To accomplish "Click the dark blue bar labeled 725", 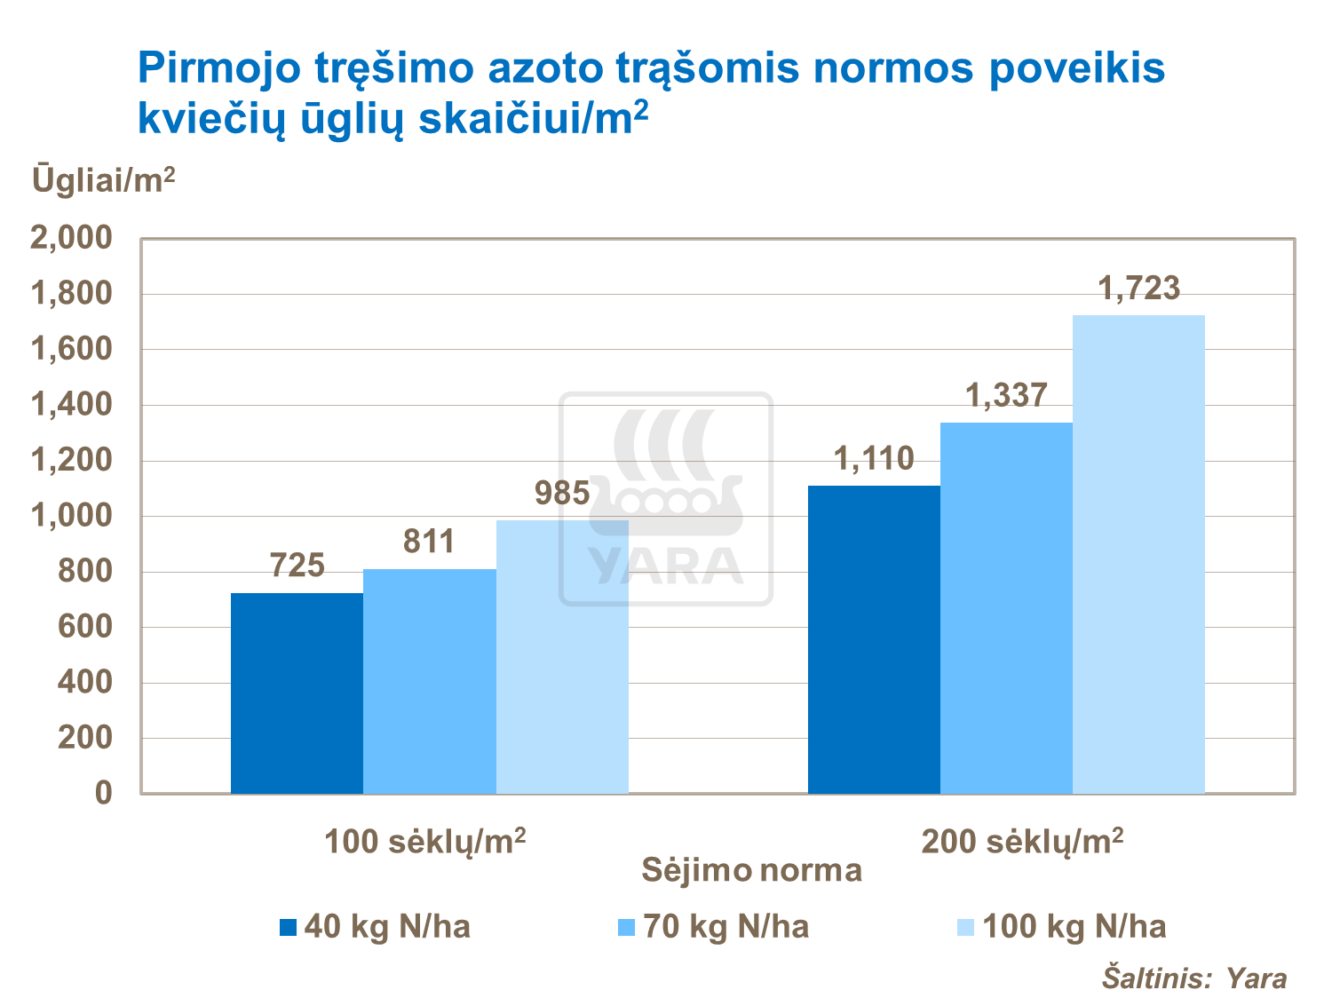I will tap(297, 693).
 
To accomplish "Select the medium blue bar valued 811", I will tap(430, 681).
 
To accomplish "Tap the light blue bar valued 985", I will tap(562, 656).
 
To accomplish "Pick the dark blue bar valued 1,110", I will tap(874, 639).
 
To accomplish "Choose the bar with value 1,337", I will tap(1006, 607).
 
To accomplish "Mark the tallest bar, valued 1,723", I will tap(1138, 554).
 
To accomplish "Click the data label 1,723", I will tap(1139, 289).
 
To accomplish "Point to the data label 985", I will tap(562, 494).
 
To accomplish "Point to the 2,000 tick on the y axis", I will tap(73, 238).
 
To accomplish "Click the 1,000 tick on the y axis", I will tap(73, 516).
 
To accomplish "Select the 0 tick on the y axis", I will tap(104, 793).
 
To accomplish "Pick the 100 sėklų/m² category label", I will tap(424, 840).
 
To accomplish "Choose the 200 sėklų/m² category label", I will tap(1022, 840).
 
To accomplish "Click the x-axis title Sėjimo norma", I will tap(751, 870).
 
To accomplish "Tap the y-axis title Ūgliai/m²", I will tap(104, 179).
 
